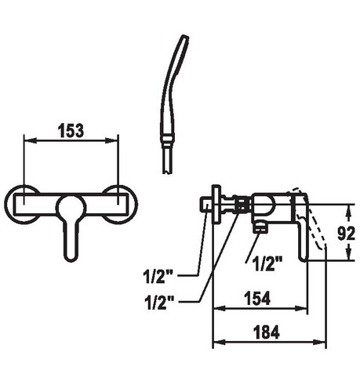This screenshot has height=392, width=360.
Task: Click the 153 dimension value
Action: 71,131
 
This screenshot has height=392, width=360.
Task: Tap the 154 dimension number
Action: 257,298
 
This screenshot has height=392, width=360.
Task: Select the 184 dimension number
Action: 267,332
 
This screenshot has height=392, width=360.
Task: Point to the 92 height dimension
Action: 346,234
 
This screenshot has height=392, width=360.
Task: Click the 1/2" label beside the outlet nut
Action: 268,263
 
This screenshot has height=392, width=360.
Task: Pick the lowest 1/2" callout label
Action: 159,303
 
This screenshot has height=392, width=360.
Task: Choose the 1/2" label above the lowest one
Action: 158,276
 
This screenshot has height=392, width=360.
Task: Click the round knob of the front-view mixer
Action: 71,209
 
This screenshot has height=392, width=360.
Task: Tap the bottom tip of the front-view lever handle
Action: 71,260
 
